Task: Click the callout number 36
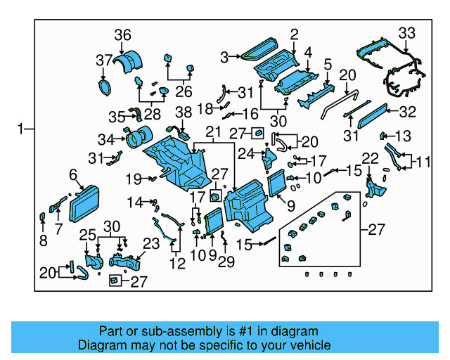pos(122,35)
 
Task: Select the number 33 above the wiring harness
pos(407,32)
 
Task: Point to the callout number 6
pos(72,174)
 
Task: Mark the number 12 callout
pos(177,264)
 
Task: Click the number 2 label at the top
pos(294,33)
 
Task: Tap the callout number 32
pos(408,111)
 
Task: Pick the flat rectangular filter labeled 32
pos(382,114)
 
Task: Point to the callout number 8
pos(43,241)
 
